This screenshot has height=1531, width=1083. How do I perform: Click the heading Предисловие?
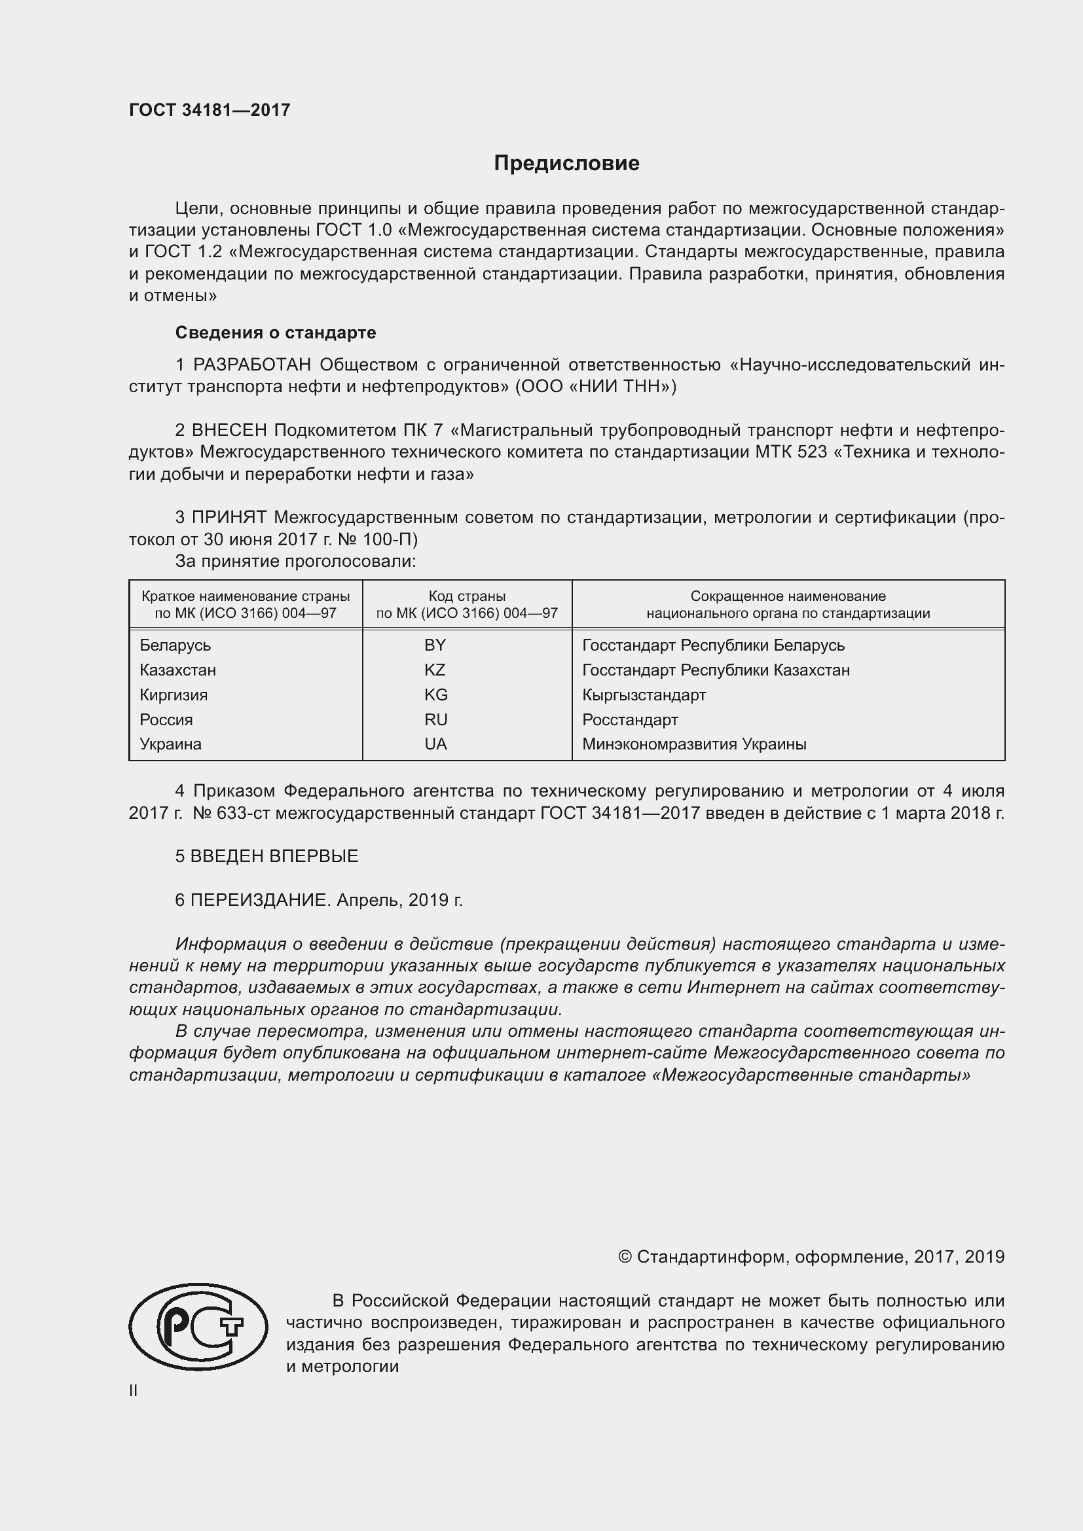point(566,164)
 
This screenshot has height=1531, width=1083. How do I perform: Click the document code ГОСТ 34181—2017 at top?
point(210,110)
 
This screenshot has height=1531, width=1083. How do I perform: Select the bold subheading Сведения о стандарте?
point(276,332)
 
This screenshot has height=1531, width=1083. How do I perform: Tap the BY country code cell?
point(435,645)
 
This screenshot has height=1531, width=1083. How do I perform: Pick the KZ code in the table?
point(435,670)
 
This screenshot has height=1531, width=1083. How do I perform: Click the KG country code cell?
point(435,695)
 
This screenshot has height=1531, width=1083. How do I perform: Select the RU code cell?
point(435,719)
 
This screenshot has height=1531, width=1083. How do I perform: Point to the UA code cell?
point(435,744)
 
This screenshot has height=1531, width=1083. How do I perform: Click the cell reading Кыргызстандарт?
point(644,695)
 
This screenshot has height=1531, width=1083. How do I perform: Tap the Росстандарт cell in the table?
point(629,719)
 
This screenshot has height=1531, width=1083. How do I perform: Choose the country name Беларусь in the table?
point(175,645)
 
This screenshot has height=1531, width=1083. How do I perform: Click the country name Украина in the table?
point(170,744)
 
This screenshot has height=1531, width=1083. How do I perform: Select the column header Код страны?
point(467,596)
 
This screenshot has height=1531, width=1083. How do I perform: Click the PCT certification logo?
point(198,1327)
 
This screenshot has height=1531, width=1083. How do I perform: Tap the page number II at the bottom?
point(134,1390)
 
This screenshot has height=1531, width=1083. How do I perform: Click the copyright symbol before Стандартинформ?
point(625,1257)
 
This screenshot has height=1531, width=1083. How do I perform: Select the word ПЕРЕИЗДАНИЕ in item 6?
point(260,900)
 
